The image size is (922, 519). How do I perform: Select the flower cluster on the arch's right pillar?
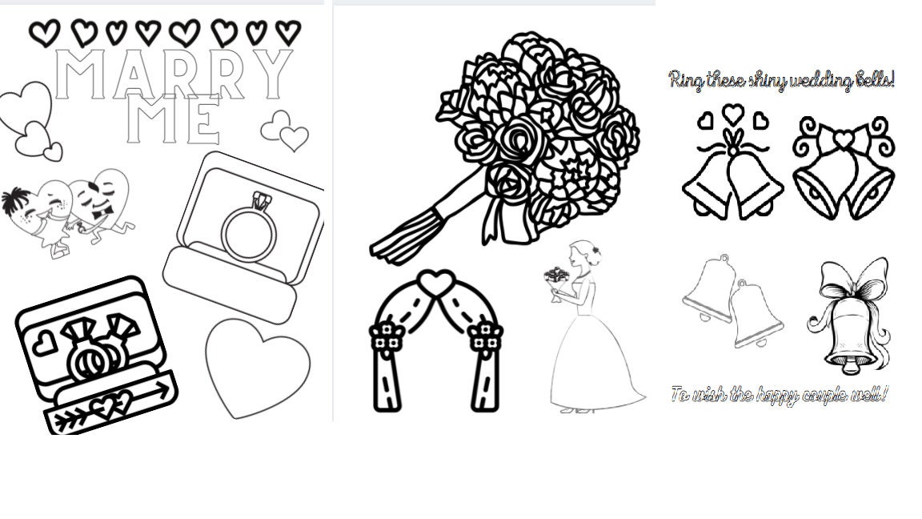(484, 336)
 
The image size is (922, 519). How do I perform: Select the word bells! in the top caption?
(872, 80)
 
